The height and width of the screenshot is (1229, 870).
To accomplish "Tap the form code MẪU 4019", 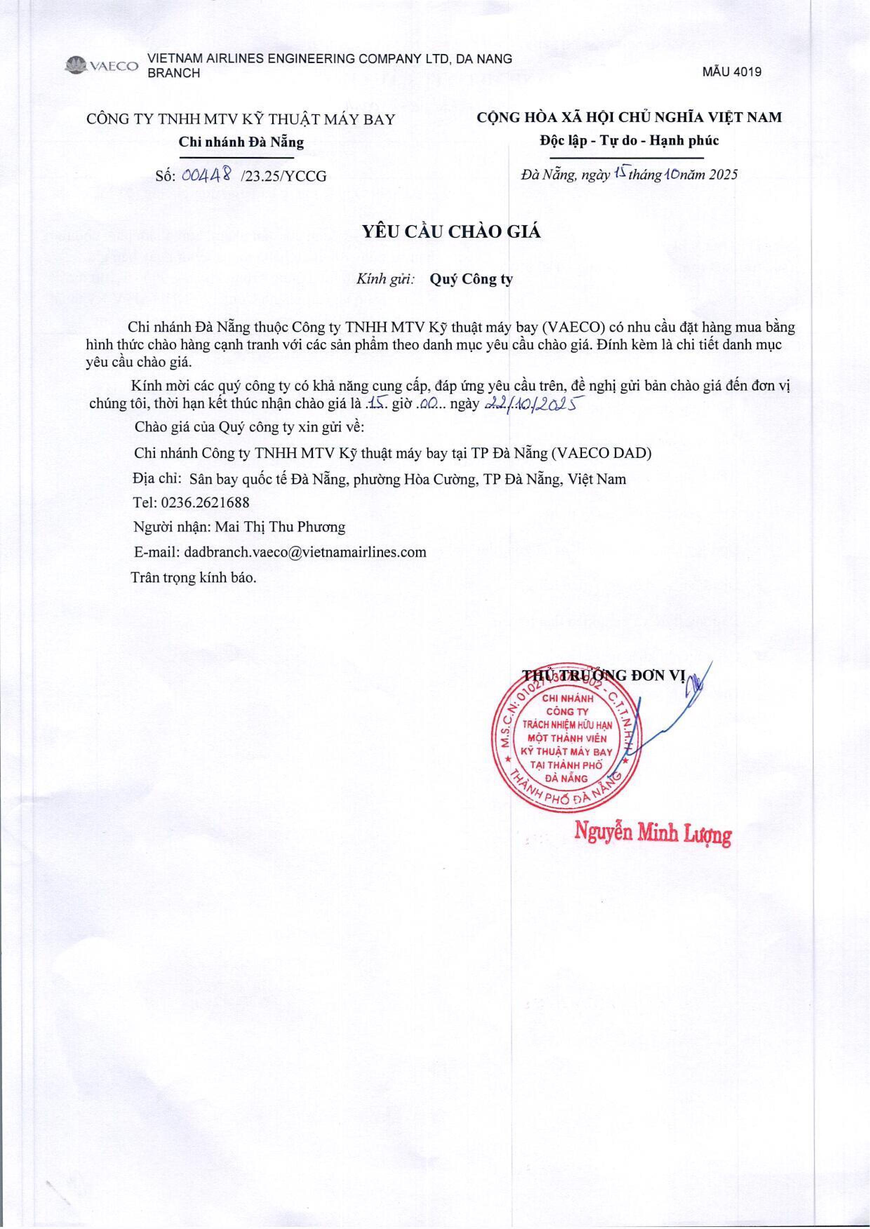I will (732, 72).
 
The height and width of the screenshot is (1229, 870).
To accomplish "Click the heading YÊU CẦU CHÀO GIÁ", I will (451, 231).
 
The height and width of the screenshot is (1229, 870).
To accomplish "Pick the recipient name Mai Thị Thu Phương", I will (280, 527).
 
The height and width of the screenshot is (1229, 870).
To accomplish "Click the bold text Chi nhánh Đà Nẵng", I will (241, 142).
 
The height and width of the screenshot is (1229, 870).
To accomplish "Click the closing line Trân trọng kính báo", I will (194, 577).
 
